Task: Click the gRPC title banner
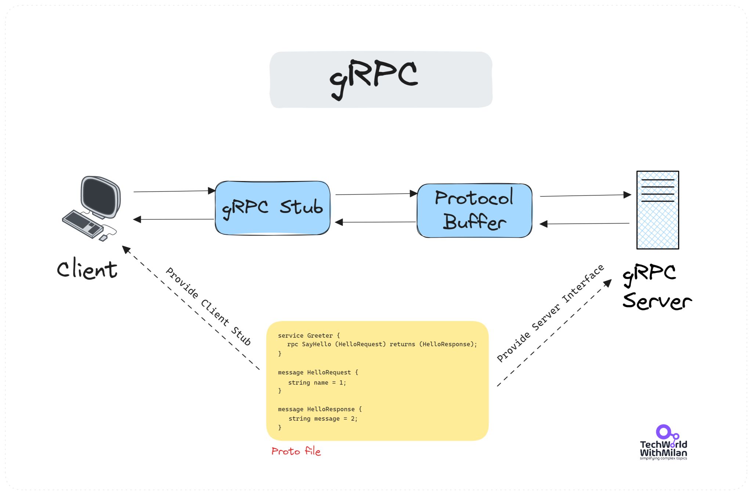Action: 381,79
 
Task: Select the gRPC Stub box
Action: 272,208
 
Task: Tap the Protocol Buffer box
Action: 474,211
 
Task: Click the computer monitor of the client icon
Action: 100,196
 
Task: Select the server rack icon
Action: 657,210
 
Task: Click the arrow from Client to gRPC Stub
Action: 173,191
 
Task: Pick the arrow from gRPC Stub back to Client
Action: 173,219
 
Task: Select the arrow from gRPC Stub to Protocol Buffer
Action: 375,194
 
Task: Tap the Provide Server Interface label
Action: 550,313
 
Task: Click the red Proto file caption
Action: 296,451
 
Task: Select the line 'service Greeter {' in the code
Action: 308,335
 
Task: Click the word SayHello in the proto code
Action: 316,344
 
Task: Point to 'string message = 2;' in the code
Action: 323,419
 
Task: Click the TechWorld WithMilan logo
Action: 663,443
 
